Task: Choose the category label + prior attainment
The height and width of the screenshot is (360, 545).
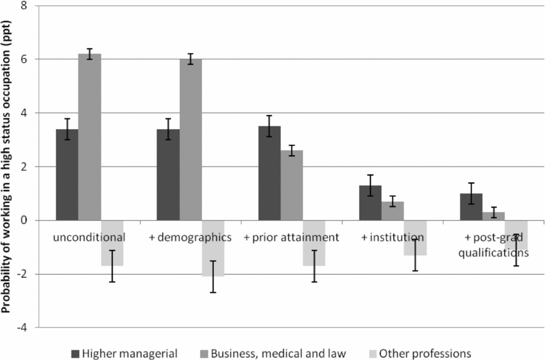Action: click(x=292, y=237)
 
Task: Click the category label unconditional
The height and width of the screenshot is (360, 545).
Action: click(x=89, y=237)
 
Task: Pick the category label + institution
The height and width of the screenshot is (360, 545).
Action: click(x=392, y=237)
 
